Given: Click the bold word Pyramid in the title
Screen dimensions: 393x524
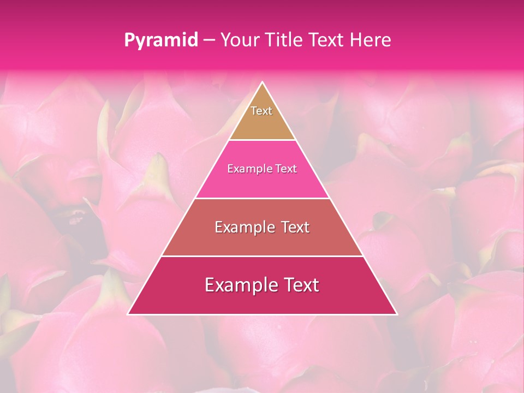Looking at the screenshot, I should point(160,40).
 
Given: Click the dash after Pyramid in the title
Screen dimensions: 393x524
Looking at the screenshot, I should point(209,40).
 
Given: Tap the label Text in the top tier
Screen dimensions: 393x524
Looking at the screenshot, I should point(261,111).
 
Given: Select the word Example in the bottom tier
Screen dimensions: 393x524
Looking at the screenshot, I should point(240,285).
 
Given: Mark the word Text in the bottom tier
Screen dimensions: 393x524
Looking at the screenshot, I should point(299,285).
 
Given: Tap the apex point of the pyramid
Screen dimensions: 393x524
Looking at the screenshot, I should point(263,82).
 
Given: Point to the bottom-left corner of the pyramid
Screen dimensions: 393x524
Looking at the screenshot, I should point(129,314).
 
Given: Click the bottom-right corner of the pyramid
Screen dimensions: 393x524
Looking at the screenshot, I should point(396,314).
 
